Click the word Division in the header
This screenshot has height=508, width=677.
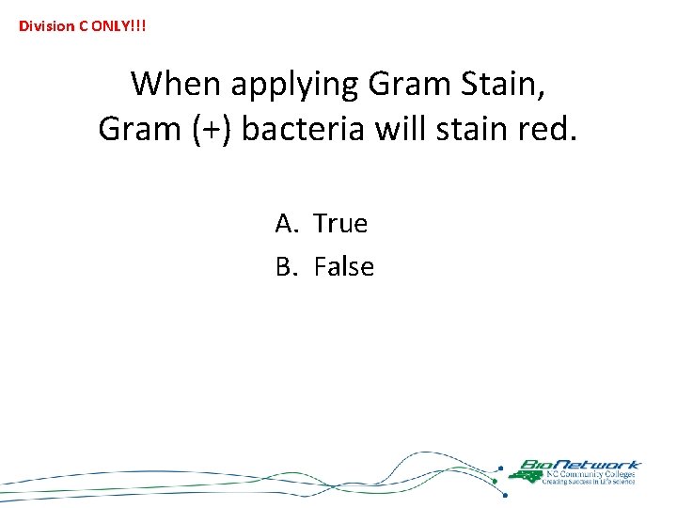[45, 25]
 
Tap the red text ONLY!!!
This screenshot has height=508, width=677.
[118, 25]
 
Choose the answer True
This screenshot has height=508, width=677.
[340, 224]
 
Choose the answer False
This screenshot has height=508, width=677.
[344, 267]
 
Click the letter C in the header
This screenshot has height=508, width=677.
[83, 25]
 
